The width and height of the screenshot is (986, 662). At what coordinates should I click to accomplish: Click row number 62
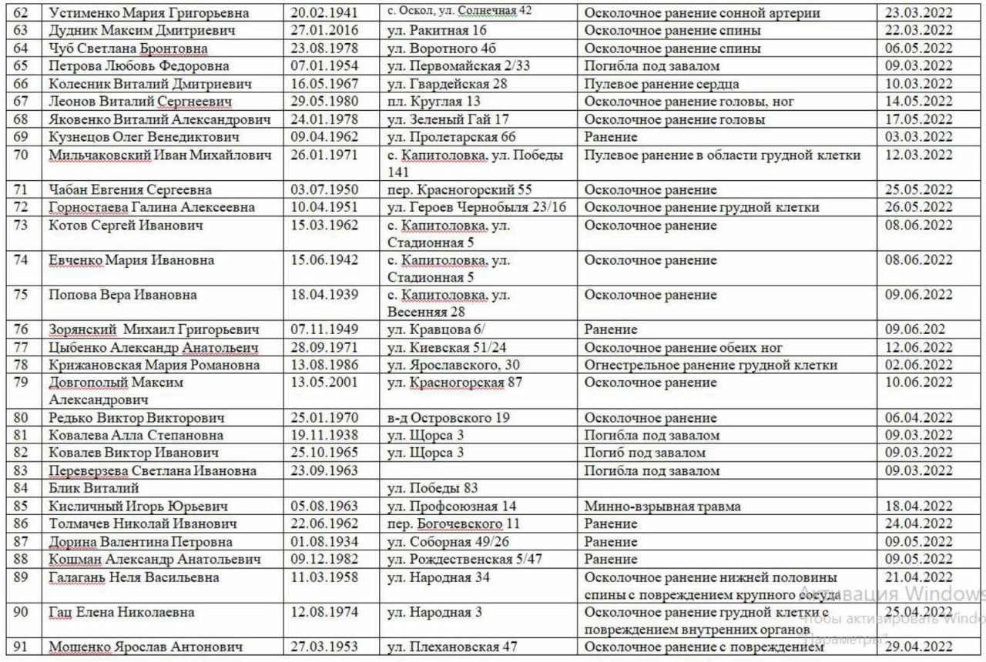21,13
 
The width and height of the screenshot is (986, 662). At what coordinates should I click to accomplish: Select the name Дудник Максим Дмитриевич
131,31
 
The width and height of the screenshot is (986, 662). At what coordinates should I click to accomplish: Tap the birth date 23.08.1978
324,48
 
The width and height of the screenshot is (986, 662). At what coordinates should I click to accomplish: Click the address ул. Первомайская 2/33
458,66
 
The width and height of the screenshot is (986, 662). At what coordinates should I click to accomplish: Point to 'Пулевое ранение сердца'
662,84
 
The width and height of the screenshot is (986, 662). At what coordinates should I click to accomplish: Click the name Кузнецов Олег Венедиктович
144,137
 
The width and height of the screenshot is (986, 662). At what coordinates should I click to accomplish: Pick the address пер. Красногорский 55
459,189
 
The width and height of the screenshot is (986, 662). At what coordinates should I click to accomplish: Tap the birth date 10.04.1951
324,207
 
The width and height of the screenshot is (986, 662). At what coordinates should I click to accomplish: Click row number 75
21,295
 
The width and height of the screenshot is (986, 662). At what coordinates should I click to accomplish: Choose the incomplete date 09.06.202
915,329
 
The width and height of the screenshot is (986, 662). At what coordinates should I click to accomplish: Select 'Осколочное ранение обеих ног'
683,347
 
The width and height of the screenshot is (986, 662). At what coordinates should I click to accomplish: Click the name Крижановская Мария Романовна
154,365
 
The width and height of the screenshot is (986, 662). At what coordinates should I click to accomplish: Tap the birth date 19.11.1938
324,436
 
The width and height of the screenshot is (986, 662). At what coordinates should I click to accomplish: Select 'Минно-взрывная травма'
662,507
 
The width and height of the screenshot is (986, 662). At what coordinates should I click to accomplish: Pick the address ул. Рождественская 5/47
464,559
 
